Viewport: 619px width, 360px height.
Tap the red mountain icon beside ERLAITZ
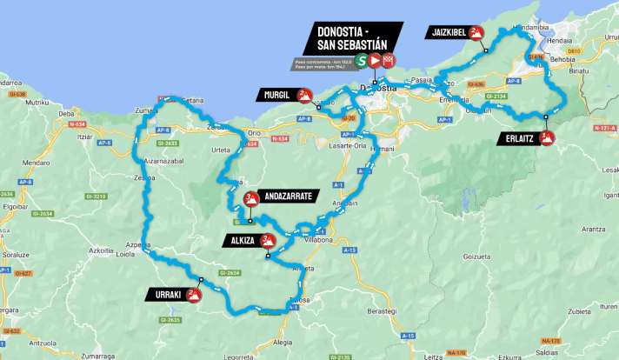pos(547,138)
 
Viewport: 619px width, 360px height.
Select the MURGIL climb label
pos(276,95)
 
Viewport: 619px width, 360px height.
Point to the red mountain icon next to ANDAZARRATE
pos(250,197)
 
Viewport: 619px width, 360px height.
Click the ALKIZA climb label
pos(240,240)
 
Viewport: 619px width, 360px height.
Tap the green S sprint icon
pos(360,61)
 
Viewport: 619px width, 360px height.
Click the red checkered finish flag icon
pos(389,61)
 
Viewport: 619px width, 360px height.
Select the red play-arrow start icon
pos(375,61)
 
